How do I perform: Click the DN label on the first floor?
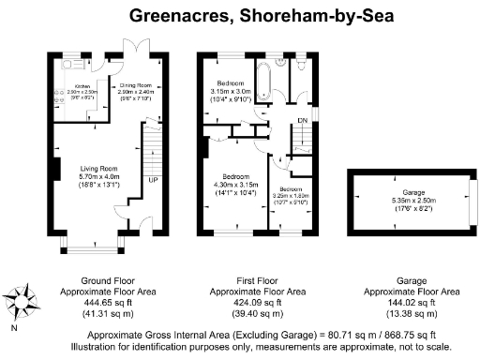coord(302,120)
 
